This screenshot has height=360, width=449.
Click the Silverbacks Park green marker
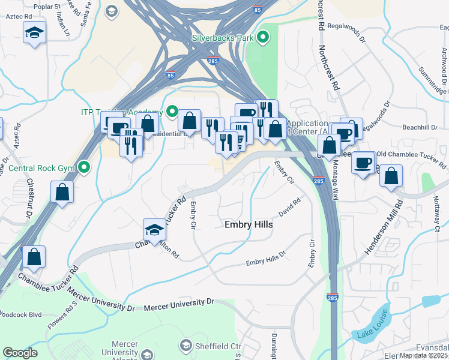coord(262,38)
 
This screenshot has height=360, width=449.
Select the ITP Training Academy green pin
coord(171,112)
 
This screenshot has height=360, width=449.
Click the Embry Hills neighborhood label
coord(249,224)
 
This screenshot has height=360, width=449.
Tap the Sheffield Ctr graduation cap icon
coord(186,346)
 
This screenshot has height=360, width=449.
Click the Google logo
coord(20,353)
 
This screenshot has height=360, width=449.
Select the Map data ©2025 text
coord(423,355)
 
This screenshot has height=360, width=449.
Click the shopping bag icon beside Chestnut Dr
coord(62,192)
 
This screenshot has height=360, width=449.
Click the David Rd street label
coord(289,208)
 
